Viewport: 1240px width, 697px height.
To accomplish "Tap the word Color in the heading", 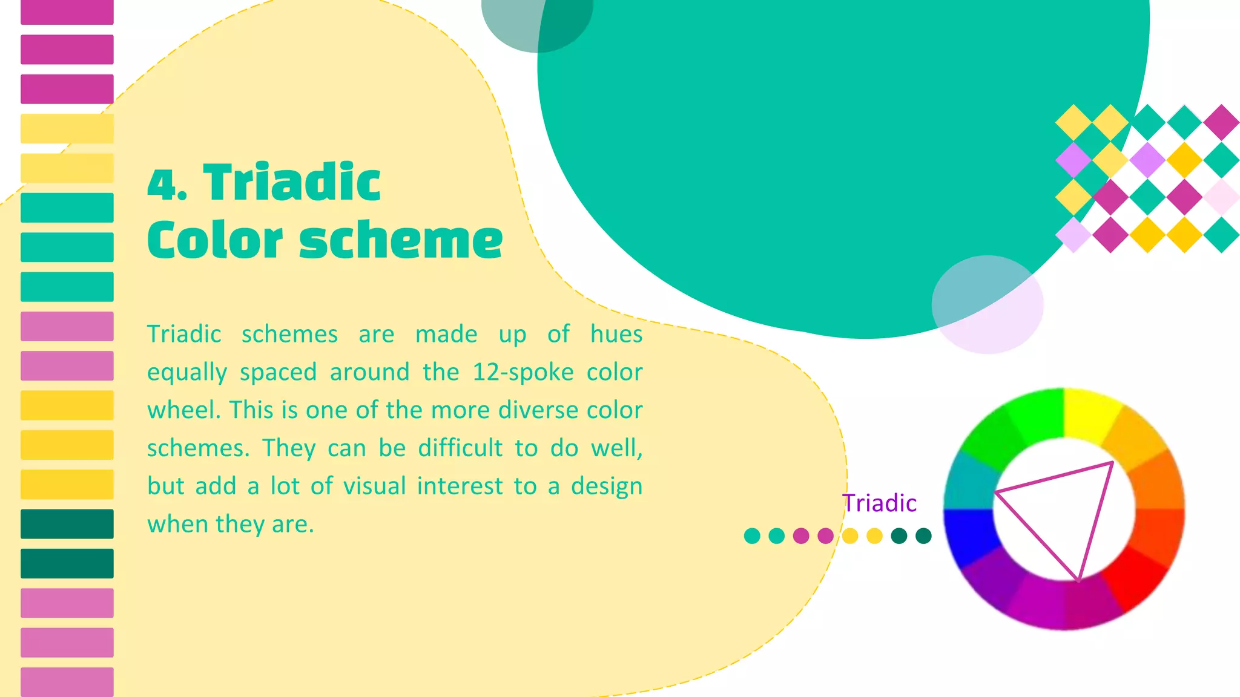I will pos(215,240).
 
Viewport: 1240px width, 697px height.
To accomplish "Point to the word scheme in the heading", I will pos(401,240).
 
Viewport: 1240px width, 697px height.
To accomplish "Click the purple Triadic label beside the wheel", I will pos(880,503).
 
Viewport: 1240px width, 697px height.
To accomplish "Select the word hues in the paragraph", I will pos(616,334).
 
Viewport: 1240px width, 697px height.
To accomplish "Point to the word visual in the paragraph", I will pos(374,486).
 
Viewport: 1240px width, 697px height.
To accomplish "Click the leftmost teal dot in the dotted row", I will pos(752,536).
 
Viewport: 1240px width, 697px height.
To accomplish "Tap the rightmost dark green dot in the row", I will pos(923,536).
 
